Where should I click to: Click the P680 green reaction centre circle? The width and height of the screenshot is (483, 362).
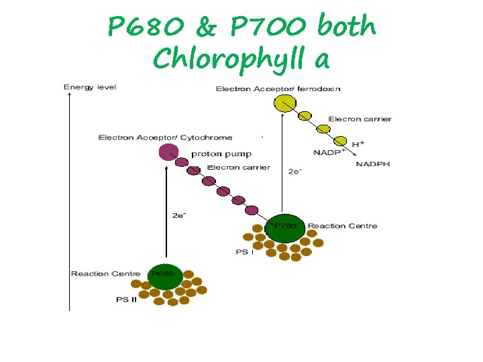[164, 276]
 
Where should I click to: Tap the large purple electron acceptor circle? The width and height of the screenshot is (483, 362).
[168, 152]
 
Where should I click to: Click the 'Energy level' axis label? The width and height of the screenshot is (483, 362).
[90, 87]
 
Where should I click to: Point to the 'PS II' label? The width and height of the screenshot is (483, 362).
[127, 300]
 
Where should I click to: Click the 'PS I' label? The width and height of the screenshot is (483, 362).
[244, 252]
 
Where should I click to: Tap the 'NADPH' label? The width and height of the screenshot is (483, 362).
[372, 164]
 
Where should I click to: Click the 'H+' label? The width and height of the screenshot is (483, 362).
[359, 143]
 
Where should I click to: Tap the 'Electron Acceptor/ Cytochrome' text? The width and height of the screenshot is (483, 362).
[165, 137]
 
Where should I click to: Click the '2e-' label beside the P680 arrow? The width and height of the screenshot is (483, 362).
[179, 215]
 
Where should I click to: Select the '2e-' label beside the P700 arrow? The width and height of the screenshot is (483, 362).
[295, 172]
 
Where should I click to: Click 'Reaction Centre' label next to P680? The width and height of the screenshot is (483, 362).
[105, 274]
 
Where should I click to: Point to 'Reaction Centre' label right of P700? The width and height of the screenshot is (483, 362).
[342, 226]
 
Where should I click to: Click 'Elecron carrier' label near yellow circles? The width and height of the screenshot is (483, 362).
[360, 119]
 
